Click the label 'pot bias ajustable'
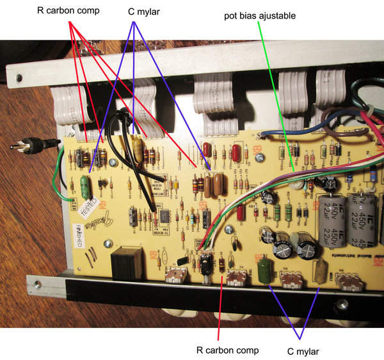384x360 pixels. click(259, 15)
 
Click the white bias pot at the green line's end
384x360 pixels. click(296, 185)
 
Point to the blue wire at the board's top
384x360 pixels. click(282, 134)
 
